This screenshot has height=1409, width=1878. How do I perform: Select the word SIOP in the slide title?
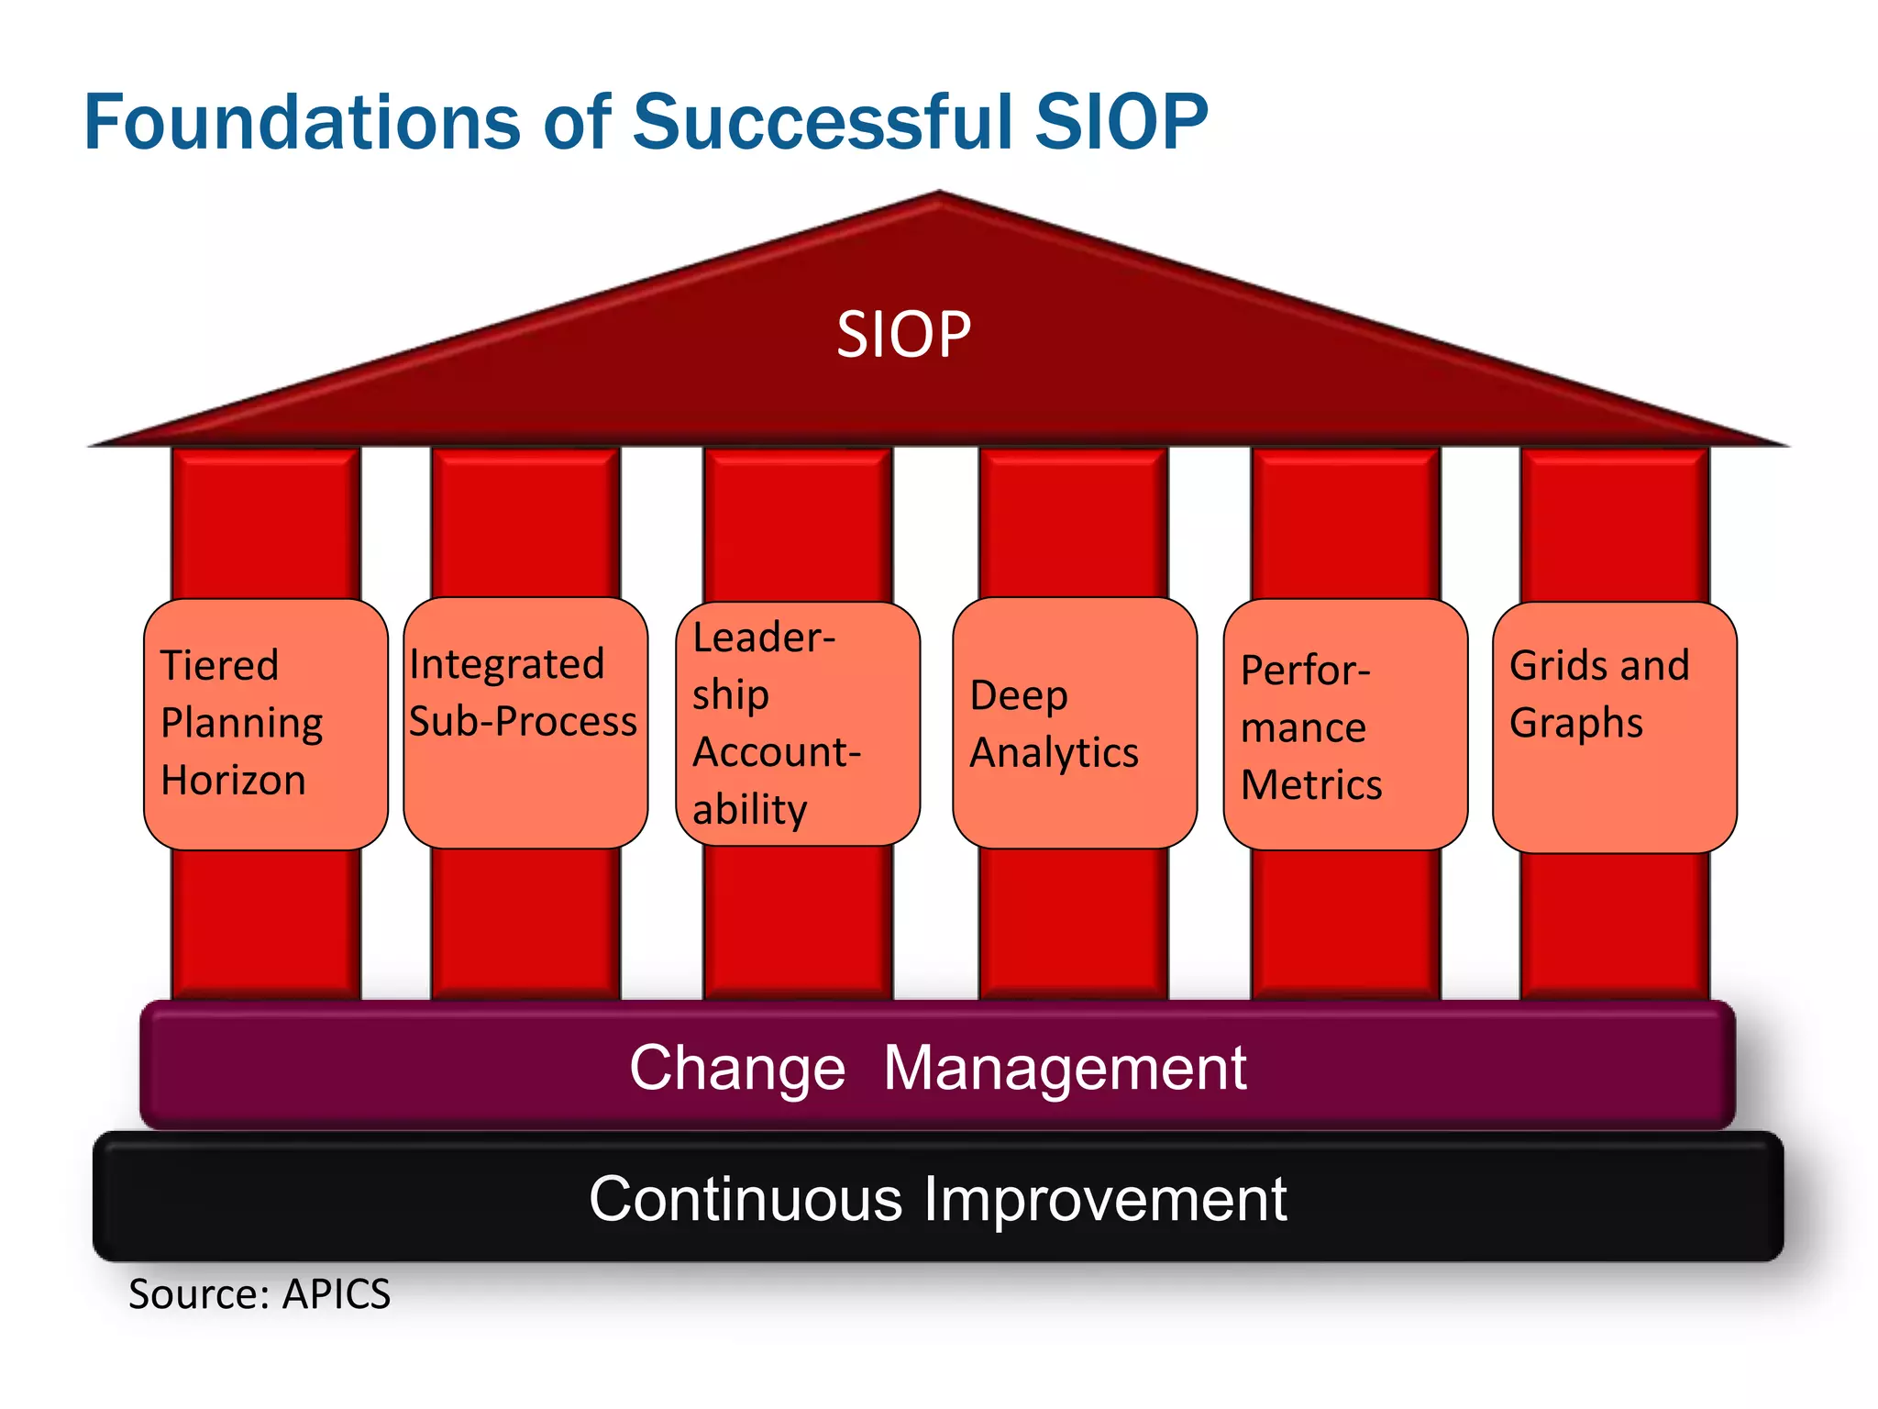1121,122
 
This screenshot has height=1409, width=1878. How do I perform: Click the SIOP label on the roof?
903,335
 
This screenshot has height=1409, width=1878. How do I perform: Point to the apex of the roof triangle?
939,195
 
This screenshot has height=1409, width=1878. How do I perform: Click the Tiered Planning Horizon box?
265,725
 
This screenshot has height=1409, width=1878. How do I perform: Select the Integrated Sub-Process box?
525,723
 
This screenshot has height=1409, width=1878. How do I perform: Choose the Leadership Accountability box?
797,723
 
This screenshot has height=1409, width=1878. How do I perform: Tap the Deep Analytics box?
1074,723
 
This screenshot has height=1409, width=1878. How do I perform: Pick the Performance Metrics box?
1344,725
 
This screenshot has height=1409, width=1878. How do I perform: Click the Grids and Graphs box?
1614,727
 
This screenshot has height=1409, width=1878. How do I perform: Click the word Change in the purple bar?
737,1069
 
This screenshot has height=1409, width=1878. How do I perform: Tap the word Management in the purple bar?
1065,1069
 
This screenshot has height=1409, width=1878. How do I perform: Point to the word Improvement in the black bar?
1105,1199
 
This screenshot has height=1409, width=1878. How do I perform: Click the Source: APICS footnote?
260,1294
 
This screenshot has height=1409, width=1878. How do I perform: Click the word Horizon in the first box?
233,781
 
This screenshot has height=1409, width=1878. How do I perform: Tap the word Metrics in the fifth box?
1310,785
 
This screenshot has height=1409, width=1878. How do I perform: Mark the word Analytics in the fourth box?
1054,753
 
